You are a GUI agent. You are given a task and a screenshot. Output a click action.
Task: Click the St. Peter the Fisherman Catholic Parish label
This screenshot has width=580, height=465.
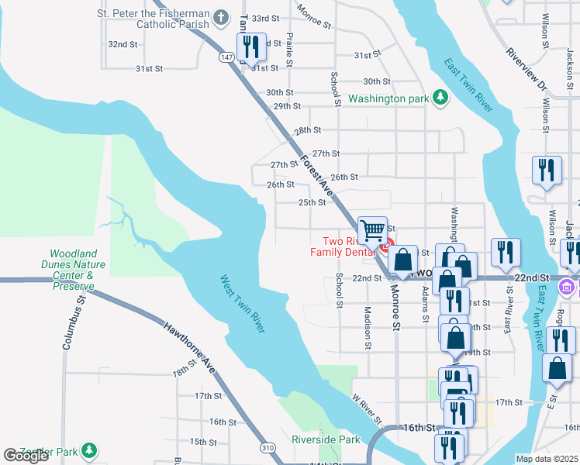click(153, 19)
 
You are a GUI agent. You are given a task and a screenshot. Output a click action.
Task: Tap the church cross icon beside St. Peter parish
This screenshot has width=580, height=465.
click(222, 17)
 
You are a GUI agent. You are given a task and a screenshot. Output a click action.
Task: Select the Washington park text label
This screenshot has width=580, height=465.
click(388, 99)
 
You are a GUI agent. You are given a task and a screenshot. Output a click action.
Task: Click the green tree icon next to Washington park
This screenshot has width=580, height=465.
click(440, 98)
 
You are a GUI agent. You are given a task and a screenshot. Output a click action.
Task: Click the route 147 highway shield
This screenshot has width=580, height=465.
click(226, 57)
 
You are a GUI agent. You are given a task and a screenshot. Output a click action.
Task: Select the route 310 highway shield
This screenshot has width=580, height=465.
click(268, 448)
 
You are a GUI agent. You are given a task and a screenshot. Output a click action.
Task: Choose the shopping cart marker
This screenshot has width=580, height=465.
click(373, 229)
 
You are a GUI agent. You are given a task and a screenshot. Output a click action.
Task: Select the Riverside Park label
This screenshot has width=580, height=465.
click(326, 439)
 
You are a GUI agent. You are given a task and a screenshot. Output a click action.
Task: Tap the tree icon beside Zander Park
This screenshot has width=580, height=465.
click(90, 449)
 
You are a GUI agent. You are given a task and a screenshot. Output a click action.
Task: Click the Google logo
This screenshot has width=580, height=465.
click(26, 456)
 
